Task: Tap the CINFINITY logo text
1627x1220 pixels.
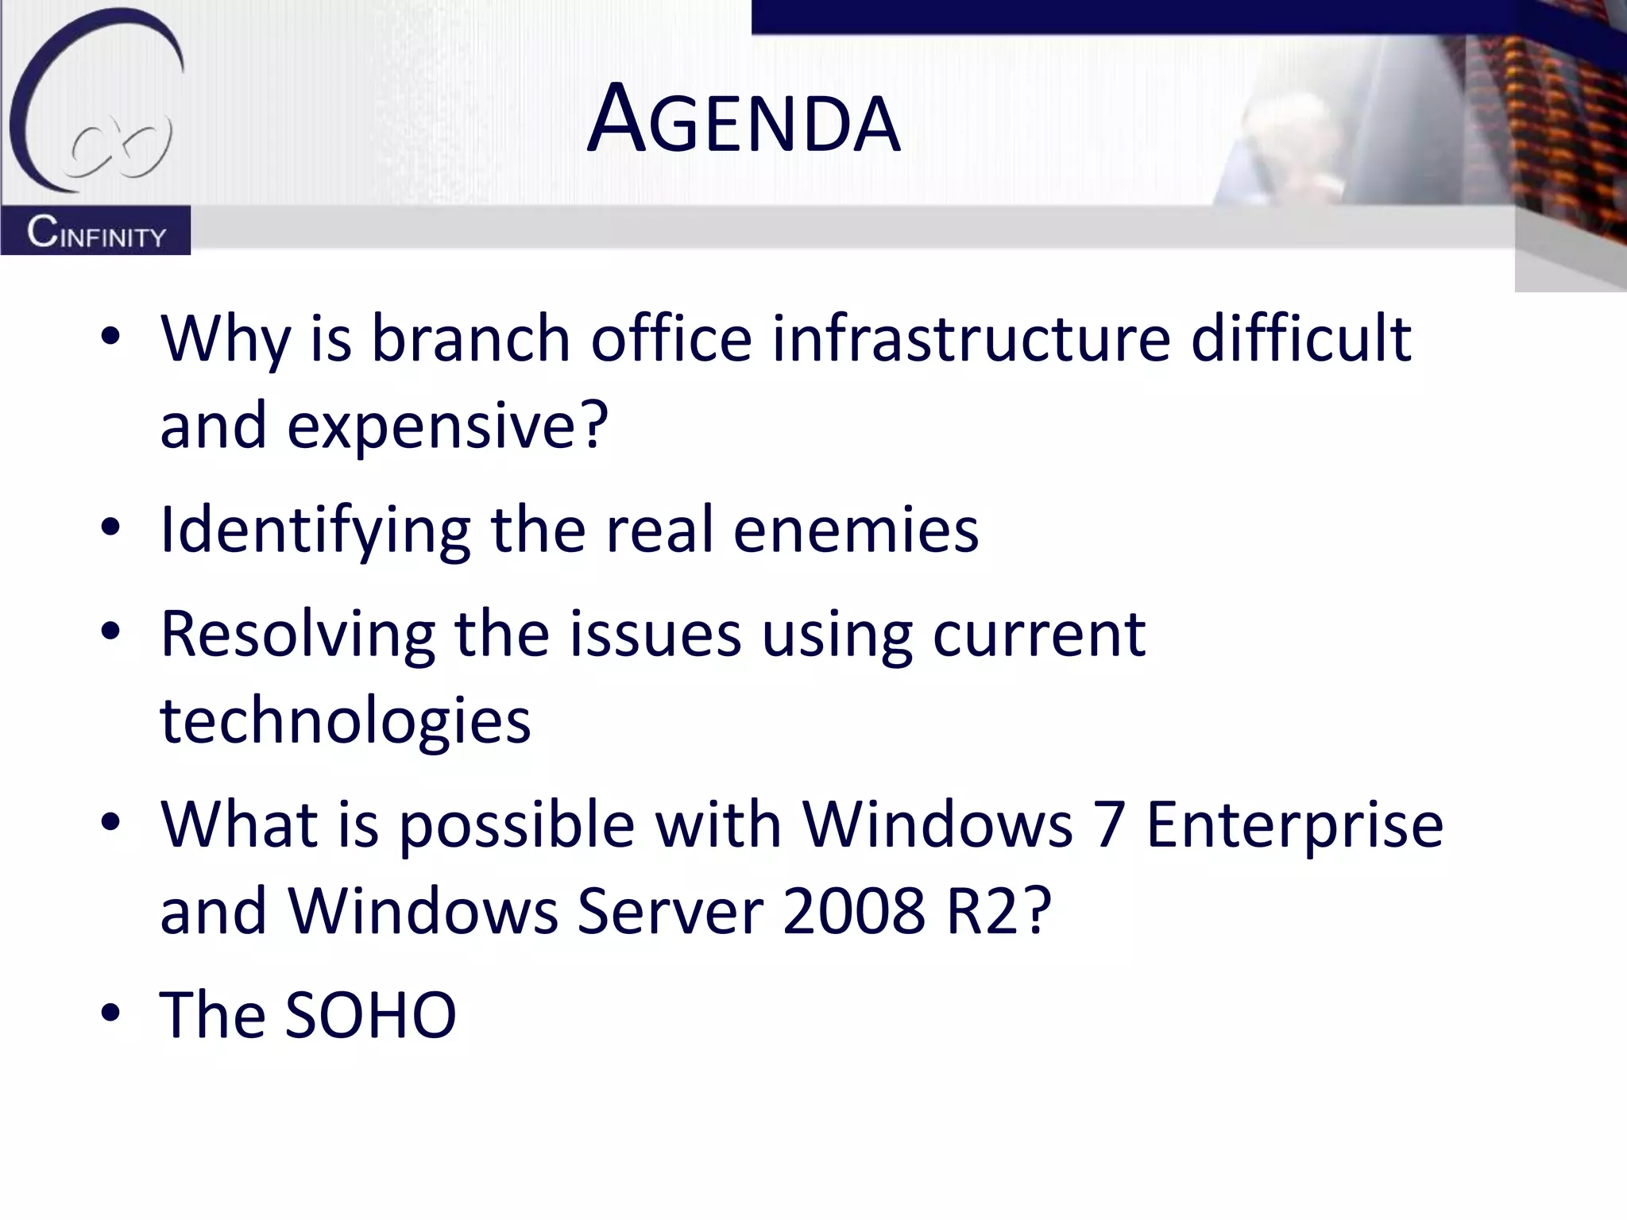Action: point(96,232)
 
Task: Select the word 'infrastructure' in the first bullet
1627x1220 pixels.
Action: point(971,338)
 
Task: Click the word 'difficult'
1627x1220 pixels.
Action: point(1300,338)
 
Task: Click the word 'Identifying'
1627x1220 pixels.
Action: point(315,531)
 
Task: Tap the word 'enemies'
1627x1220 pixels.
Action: point(856,531)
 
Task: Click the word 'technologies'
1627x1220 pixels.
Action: point(345,721)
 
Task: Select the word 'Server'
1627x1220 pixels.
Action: point(670,911)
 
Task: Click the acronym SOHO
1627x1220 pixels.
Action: point(370,1015)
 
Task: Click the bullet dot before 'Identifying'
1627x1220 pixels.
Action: point(110,527)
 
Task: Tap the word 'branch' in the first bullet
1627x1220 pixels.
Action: point(470,338)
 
